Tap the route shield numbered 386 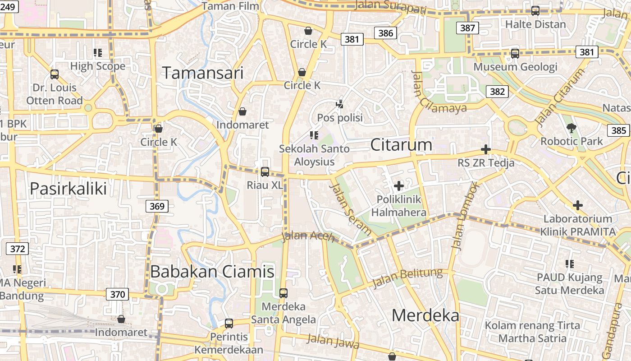coord(386,33)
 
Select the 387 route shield coord(467,28)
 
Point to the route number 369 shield coord(157,206)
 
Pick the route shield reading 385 coord(619,130)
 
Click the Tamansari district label coord(202,73)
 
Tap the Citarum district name coord(401,144)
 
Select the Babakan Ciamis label coord(212,271)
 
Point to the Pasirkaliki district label coord(68,188)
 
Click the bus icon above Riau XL coord(265,172)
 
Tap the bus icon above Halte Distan coord(535,11)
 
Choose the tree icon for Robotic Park coord(572,128)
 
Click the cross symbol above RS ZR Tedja coord(486,149)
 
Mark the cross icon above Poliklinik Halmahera coord(398,185)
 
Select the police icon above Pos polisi coord(340,104)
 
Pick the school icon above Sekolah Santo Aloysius coord(314,135)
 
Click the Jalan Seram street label coord(350,209)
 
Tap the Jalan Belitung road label coord(407,278)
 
